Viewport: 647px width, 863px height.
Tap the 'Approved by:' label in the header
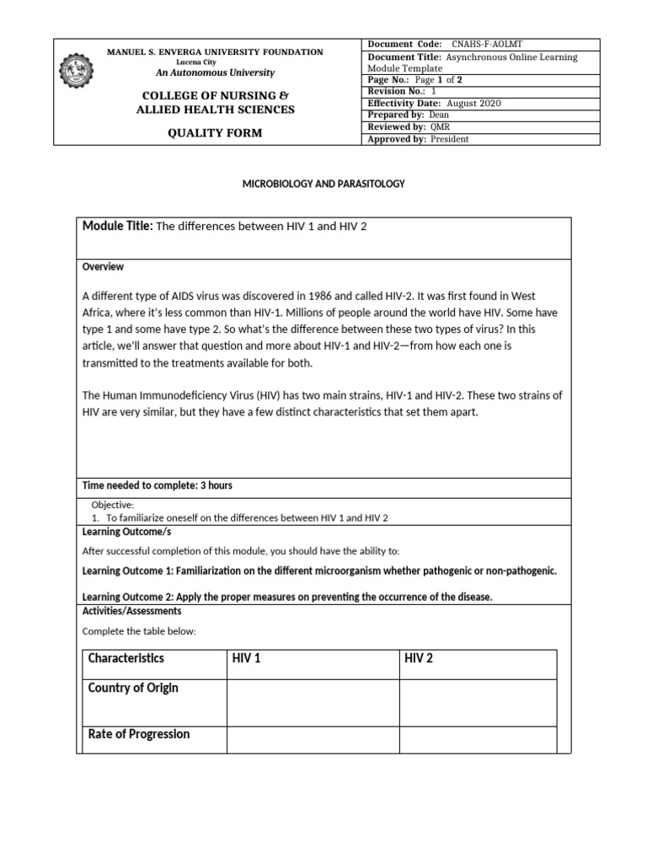point(397,139)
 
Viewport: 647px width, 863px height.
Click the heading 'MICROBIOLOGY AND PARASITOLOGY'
point(324,184)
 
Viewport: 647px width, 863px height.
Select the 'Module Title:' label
point(116,227)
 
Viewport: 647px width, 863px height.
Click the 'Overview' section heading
point(103,266)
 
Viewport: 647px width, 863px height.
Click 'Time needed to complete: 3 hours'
point(157,485)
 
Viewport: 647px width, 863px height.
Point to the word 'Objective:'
point(113,504)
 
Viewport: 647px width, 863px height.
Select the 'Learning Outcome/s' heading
point(126,532)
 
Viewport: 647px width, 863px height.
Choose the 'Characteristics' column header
point(126,658)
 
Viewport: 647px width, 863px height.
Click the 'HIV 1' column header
point(247,658)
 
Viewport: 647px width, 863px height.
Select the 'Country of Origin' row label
point(133,688)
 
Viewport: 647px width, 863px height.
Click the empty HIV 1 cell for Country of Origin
point(312,703)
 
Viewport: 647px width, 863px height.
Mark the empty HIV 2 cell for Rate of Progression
point(477,739)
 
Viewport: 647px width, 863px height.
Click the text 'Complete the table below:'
point(139,630)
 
